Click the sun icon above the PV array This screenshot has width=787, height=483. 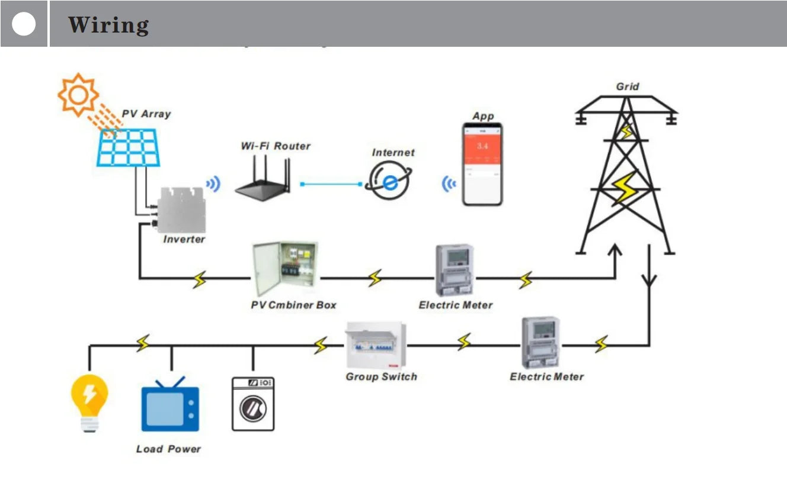(x=78, y=94)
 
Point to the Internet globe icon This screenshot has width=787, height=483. (x=389, y=182)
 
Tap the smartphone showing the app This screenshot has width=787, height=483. (x=482, y=164)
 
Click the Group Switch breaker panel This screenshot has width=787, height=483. (x=377, y=345)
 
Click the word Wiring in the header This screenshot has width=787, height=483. (x=108, y=25)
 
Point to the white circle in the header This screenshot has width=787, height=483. (x=24, y=24)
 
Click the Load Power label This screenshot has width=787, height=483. (x=168, y=449)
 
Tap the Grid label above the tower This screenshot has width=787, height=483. (x=628, y=86)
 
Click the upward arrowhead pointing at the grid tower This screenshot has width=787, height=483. (x=615, y=251)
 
